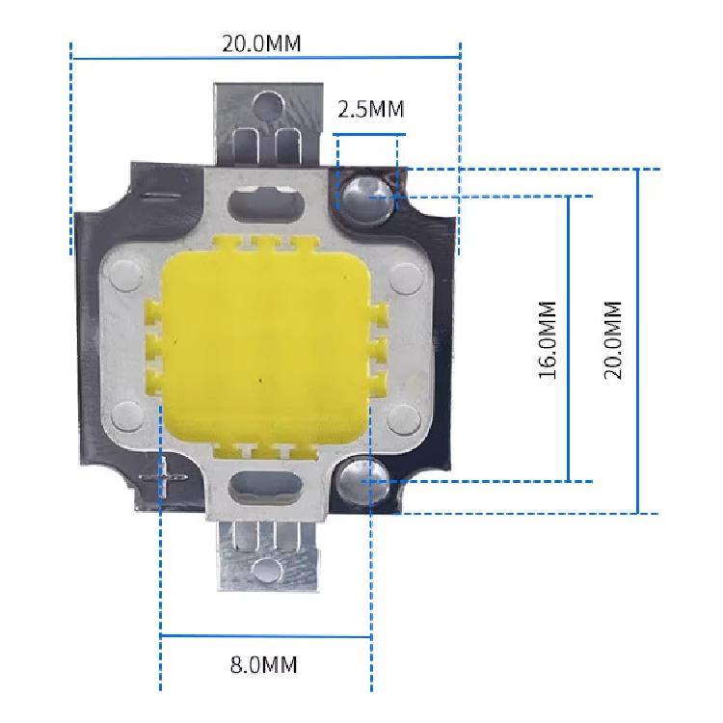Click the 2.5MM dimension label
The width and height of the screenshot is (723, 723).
tap(371, 110)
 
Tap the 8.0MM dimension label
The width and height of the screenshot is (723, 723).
tap(264, 665)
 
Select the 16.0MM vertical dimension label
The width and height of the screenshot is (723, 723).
tap(548, 340)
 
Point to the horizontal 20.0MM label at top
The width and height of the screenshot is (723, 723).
tap(261, 43)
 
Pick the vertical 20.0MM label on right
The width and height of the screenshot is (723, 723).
tap(613, 340)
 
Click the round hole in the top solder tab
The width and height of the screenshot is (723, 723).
tap(268, 104)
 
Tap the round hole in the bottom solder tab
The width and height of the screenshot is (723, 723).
tap(267, 571)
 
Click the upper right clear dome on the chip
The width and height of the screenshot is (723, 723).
tap(368, 201)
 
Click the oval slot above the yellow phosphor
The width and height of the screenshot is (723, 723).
tap(267, 203)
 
